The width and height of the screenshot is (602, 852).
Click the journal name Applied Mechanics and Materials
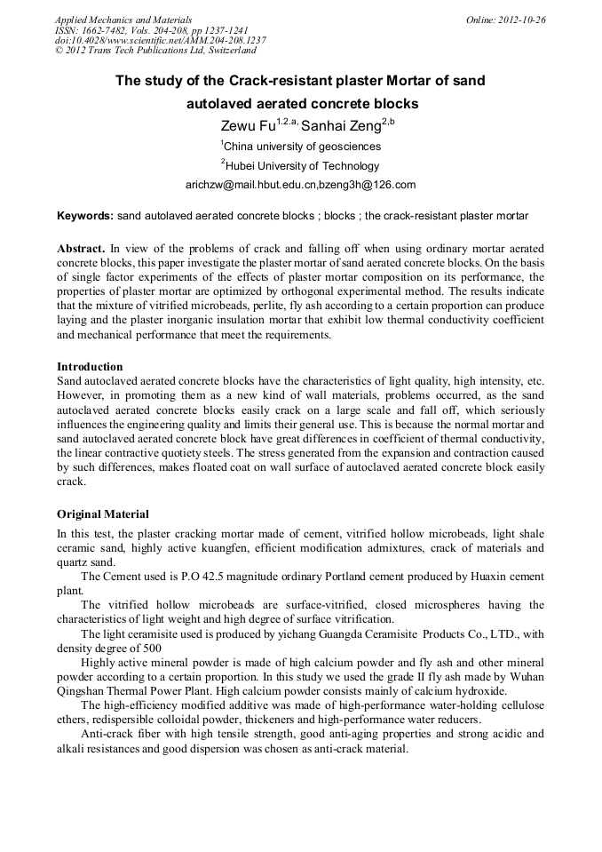click(123, 20)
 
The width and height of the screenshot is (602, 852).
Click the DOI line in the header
click(160, 40)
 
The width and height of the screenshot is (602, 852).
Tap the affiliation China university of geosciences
click(302, 146)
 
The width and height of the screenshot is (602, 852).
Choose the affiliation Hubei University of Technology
click(302, 165)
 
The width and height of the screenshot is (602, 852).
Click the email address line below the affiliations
click(300, 185)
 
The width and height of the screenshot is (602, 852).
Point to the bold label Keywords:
click(85, 216)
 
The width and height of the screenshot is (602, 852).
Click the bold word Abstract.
click(80, 249)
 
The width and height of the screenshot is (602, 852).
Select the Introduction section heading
click(90, 367)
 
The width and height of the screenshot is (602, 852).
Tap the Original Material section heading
click(103, 514)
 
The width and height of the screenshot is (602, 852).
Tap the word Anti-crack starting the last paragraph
click(107, 735)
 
